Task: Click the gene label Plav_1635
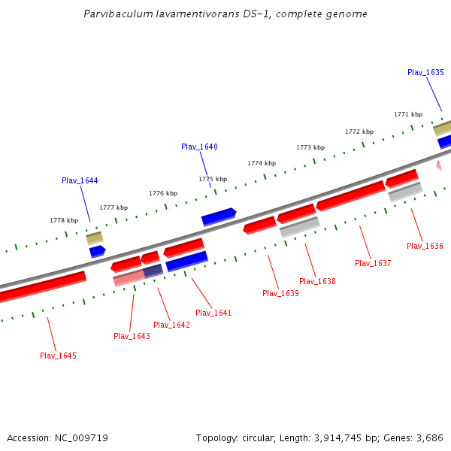[x=425, y=72]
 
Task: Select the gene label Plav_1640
[x=199, y=147]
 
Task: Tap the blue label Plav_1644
[x=80, y=180]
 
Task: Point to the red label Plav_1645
[x=58, y=356]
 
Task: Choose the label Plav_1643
[x=132, y=336]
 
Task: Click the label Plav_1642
[x=171, y=325]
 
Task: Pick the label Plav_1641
[x=213, y=313]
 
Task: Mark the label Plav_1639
[x=280, y=293]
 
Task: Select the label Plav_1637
[x=373, y=263]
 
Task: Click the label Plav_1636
[x=425, y=246]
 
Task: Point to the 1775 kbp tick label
[x=213, y=179]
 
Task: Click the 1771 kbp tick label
[x=408, y=114]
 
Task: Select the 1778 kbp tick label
[x=64, y=220]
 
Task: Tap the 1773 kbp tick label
[x=310, y=147]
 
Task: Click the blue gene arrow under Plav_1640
[x=219, y=217]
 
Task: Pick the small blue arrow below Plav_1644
[x=97, y=251]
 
